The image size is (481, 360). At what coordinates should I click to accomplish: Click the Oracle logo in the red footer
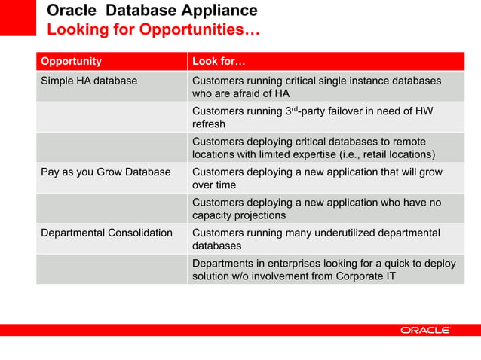click(424, 330)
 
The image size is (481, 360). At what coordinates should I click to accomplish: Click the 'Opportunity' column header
click(71, 61)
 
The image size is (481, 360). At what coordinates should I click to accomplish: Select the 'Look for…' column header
click(216, 61)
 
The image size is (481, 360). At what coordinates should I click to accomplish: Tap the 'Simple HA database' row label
click(89, 81)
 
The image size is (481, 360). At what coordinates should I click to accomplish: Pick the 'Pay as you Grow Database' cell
click(106, 172)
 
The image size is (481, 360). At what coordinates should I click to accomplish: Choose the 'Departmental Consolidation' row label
click(106, 233)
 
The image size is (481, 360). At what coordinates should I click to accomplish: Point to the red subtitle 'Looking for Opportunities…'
click(154, 30)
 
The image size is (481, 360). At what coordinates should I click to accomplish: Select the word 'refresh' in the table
click(209, 124)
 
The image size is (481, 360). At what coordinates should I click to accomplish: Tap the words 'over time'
click(214, 185)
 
